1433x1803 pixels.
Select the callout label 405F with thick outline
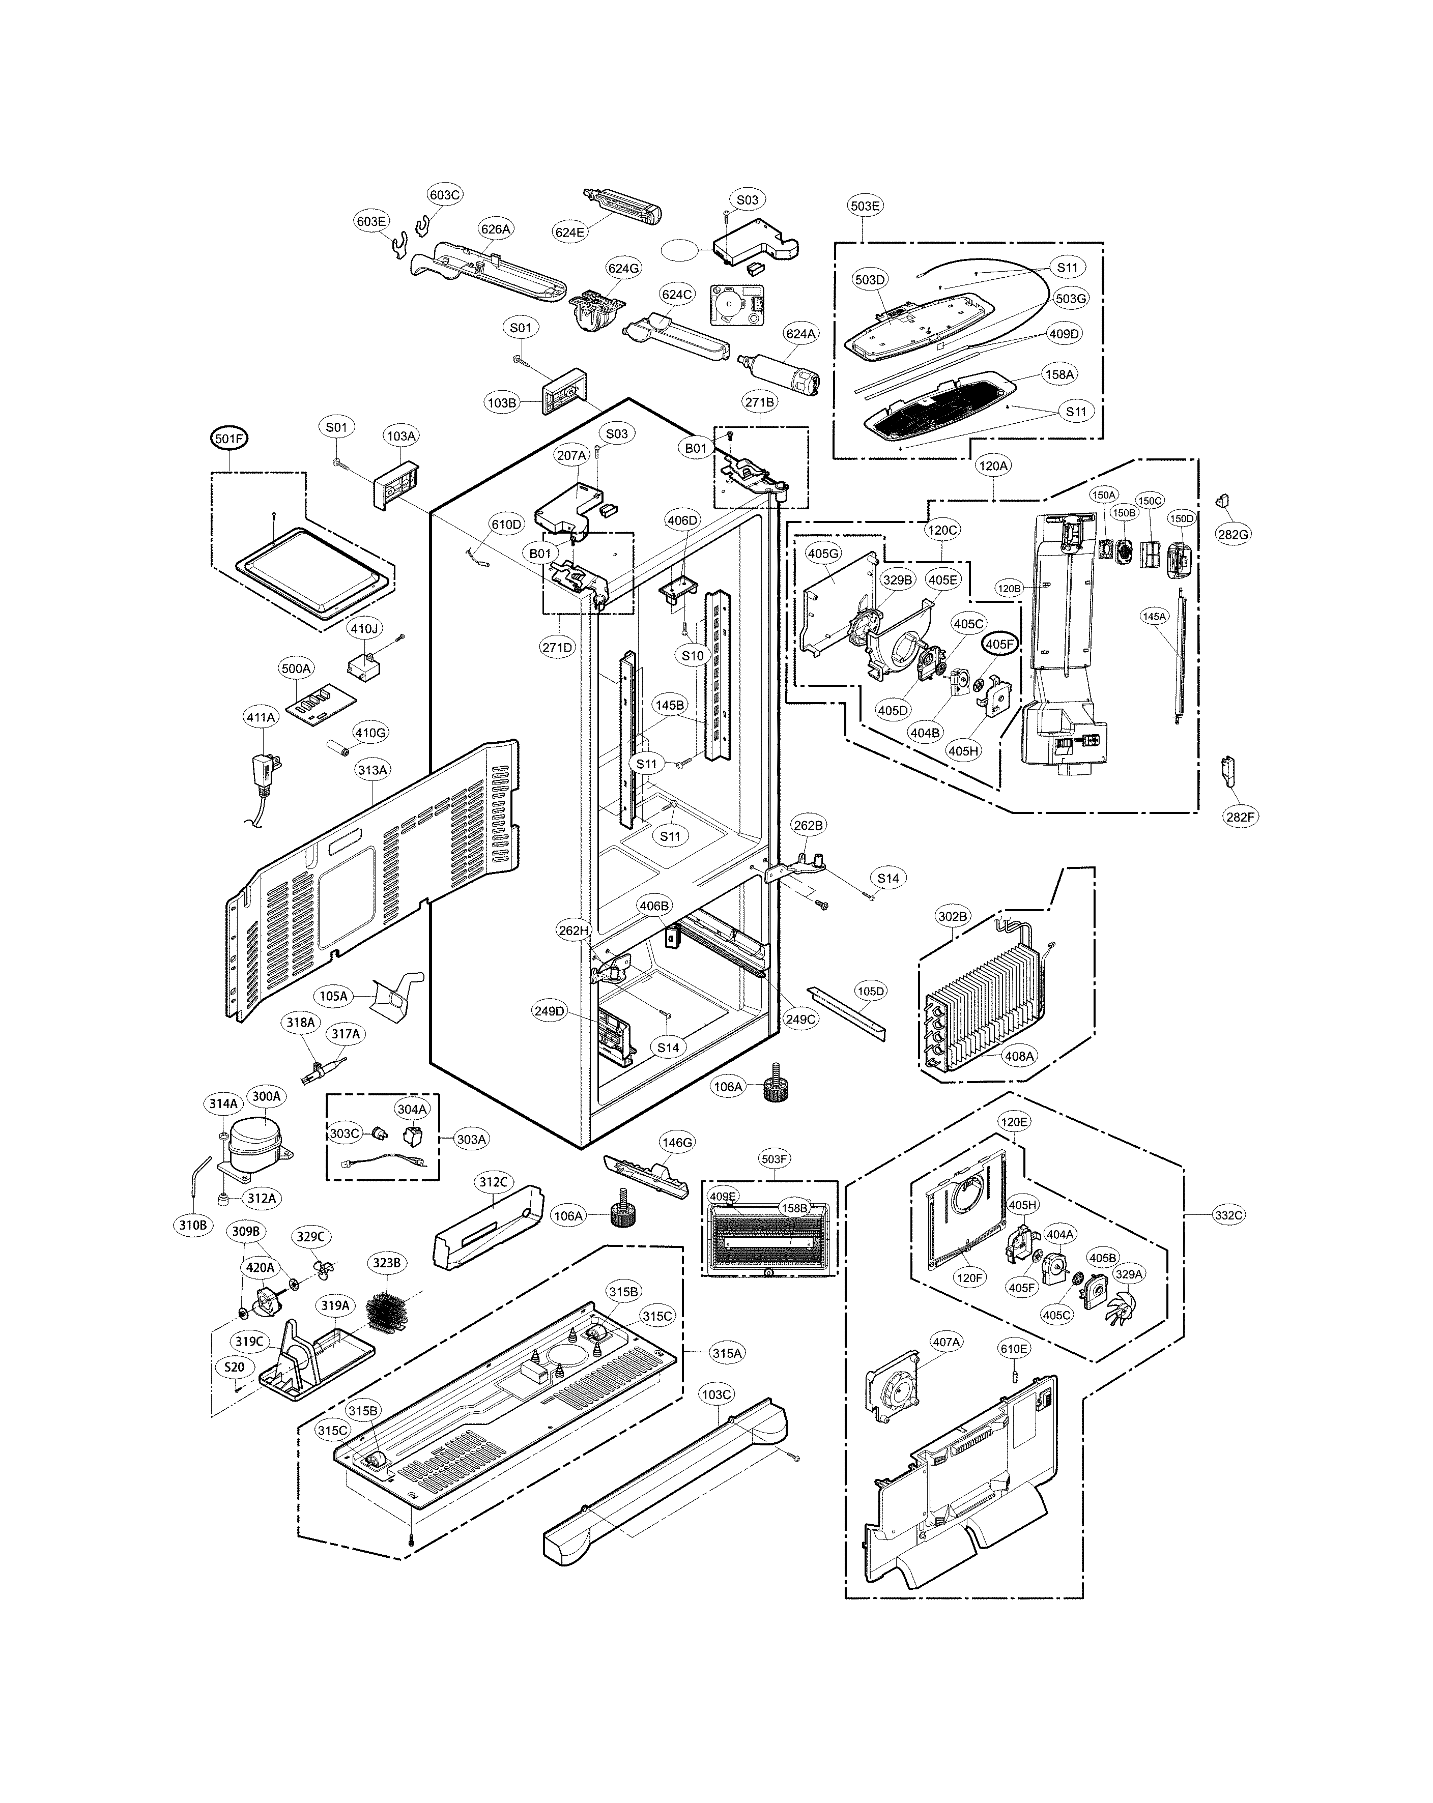(1000, 645)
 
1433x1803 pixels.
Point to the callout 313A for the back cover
(372, 770)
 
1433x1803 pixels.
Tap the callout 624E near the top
(569, 232)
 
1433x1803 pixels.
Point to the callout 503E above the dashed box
(865, 206)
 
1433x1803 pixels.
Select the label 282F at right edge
(1240, 817)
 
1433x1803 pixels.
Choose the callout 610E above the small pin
(1014, 1349)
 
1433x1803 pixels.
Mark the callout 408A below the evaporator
(1019, 1056)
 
